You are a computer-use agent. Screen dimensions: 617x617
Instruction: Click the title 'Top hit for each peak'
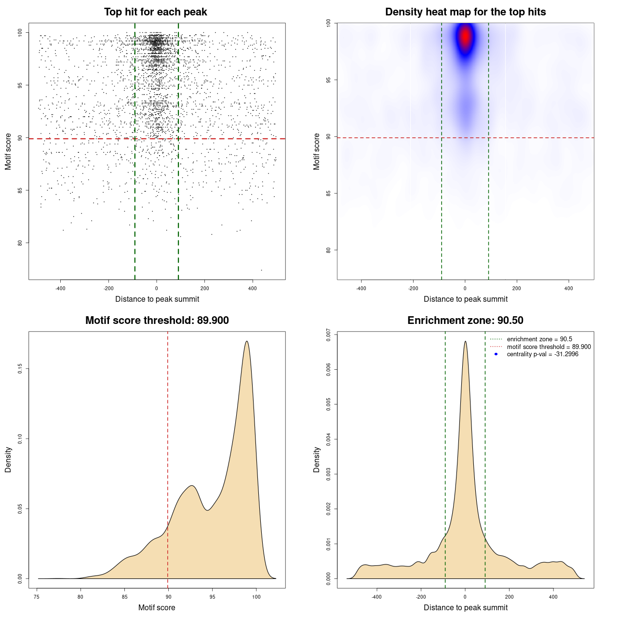155,12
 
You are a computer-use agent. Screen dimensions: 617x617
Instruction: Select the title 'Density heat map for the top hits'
465,12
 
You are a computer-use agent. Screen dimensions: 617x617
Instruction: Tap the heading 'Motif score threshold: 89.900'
157,321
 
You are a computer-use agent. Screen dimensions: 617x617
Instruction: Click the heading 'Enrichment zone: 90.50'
465,321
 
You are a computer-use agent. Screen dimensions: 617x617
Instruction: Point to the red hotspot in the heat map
465,37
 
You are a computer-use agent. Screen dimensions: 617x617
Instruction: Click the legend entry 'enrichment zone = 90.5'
539,339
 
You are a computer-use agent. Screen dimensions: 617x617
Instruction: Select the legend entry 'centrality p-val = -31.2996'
542,354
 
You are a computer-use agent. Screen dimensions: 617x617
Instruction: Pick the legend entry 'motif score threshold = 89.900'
549,347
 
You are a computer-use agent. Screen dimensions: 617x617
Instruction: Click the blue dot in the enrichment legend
496,354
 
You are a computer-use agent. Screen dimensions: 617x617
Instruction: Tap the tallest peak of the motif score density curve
247,341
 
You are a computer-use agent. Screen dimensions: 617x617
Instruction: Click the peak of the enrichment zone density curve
465,341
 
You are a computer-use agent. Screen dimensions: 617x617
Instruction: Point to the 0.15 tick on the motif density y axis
20,369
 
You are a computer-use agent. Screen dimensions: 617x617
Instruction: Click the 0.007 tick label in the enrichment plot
329,335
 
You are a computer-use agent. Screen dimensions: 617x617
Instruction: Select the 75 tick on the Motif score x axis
37,597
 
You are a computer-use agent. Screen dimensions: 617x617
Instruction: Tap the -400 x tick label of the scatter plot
60,289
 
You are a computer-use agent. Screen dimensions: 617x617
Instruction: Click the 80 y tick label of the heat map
329,250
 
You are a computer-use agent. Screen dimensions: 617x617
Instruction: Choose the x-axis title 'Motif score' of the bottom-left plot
157,607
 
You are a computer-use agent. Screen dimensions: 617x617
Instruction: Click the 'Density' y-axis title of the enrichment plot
317,459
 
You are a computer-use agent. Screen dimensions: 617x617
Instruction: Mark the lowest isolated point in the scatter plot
261,270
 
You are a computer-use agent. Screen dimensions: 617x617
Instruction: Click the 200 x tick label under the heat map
517,289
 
